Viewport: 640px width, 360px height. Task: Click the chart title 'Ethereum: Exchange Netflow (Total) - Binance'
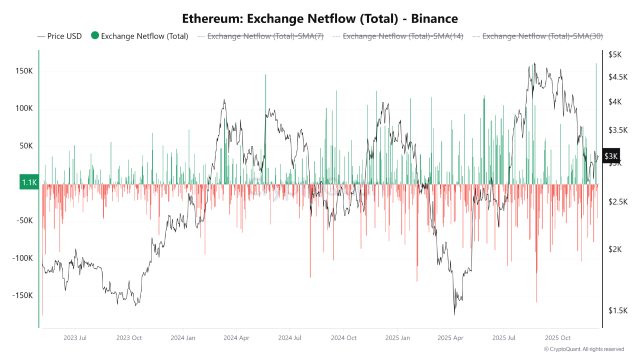coord(320,19)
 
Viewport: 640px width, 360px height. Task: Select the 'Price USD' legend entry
coord(59,36)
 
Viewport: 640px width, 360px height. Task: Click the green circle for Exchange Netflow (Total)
coord(95,35)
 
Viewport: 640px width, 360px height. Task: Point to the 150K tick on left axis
coord(24,71)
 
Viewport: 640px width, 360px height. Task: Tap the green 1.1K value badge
coord(29,182)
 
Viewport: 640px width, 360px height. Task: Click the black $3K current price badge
coord(611,156)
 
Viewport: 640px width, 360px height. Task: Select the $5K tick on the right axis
coord(614,54)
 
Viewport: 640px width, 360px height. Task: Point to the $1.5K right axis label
coord(617,310)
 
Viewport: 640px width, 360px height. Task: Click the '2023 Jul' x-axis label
coord(75,338)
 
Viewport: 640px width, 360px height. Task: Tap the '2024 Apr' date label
coord(237,338)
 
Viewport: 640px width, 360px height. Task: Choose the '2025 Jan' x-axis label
coord(397,338)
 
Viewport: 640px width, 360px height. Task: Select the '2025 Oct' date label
coord(558,338)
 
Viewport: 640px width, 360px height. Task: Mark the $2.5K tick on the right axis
coord(617,201)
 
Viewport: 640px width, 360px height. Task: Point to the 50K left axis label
coord(25,146)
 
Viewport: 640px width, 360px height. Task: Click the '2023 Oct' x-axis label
coord(129,338)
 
